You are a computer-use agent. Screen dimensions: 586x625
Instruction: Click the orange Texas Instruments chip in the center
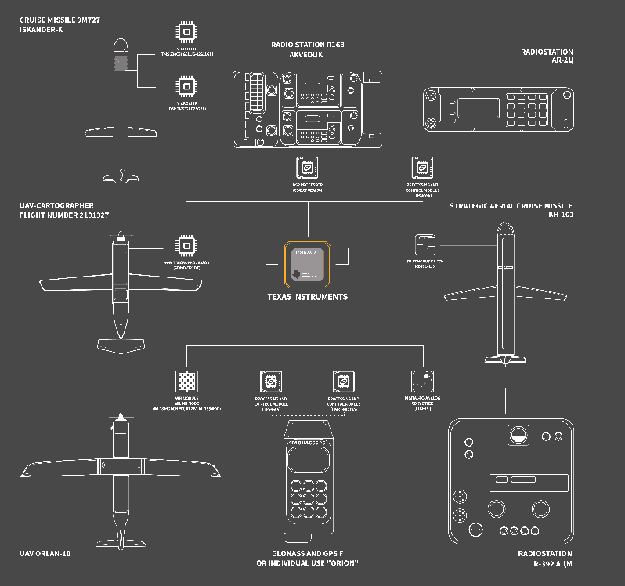[307, 264]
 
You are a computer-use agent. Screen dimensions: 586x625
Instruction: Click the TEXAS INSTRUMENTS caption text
[306, 298]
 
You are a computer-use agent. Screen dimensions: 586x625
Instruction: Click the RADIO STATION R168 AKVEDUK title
[307, 50]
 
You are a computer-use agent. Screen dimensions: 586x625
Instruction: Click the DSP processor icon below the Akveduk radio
[307, 168]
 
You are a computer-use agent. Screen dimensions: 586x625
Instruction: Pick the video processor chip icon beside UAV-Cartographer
[186, 245]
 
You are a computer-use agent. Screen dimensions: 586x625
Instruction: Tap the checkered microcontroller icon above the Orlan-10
[186, 382]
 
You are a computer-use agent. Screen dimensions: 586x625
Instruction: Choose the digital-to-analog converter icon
[424, 382]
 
